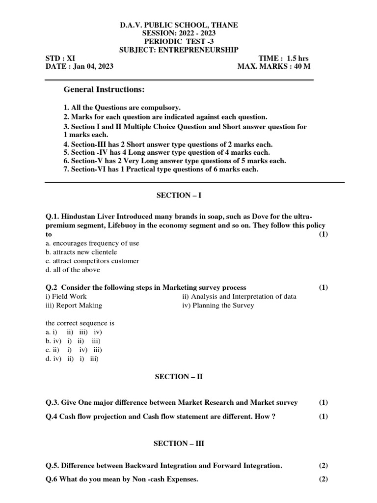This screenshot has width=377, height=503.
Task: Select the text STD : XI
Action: tap(60, 58)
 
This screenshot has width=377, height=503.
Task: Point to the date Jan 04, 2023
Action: tap(93, 66)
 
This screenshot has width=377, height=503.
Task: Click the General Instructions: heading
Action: tap(104, 90)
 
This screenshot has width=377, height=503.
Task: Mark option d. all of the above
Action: tap(72, 270)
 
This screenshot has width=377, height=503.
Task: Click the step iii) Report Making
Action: tap(74, 305)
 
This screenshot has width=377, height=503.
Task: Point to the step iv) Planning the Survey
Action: tap(218, 305)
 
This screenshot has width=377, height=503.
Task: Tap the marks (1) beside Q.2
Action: tap(323, 287)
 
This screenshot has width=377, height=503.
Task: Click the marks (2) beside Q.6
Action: tap(323, 479)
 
